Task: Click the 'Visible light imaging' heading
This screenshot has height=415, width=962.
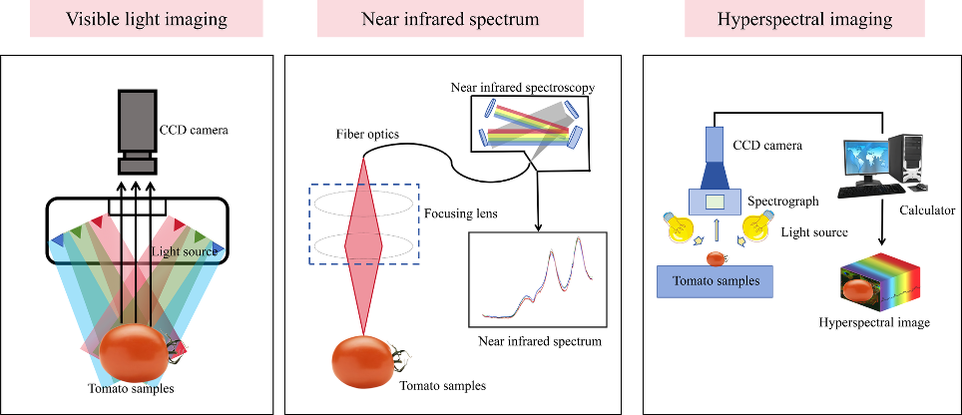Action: pyautogui.click(x=146, y=19)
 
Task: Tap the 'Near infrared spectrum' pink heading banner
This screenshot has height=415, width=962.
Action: pyautogui.click(x=450, y=19)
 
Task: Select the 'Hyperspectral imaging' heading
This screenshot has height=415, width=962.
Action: pyautogui.click(x=804, y=19)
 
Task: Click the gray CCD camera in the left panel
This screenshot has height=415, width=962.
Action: pyautogui.click(x=137, y=132)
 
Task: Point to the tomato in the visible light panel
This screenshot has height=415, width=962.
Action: pyautogui.click(x=135, y=354)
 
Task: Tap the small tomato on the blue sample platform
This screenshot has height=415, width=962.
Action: pyautogui.click(x=716, y=258)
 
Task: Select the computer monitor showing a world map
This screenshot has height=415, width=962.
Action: pyautogui.click(x=865, y=159)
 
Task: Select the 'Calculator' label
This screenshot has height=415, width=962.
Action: pyautogui.click(x=927, y=210)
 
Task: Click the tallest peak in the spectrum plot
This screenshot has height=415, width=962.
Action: pyautogui.click(x=578, y=237)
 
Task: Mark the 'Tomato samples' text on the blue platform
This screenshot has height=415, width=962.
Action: pyautogui.click(x=715, y=281)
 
